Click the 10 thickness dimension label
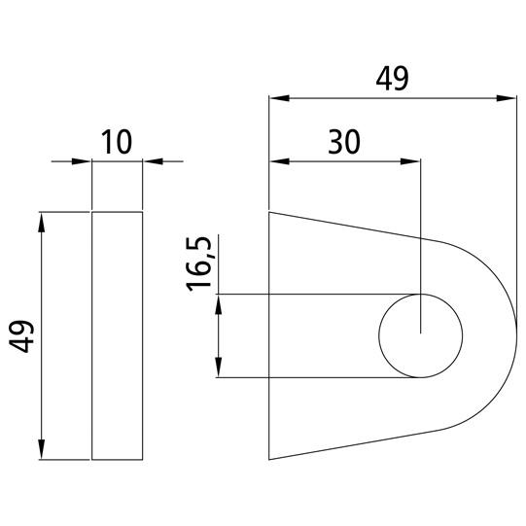coord(117,142)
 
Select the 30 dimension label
coord(344,142)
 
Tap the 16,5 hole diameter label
coord(198,263)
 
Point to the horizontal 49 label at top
coord(392,79)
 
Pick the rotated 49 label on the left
coord(21,336)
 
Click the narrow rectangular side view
coord(117,335)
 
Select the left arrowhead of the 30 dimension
coord(279,161)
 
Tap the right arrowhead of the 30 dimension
coord(410,161)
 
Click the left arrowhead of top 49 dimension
coord(279,98)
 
